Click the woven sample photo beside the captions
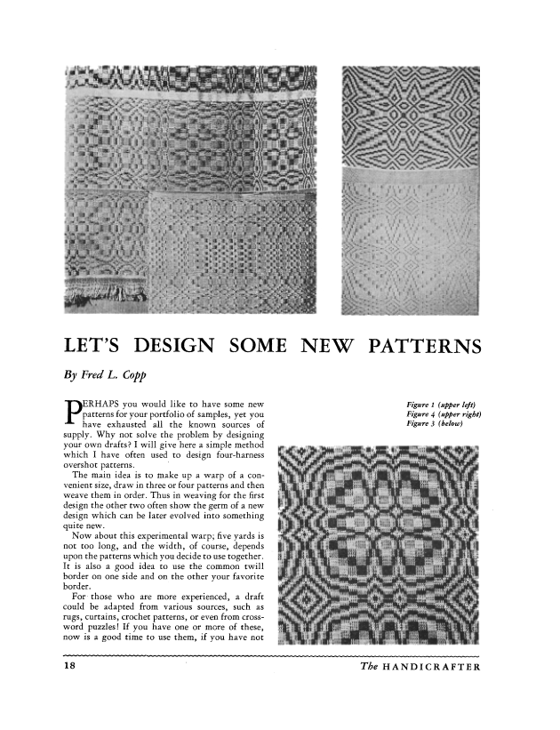[x=379, y=543]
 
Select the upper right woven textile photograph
[x=411, y=190]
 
